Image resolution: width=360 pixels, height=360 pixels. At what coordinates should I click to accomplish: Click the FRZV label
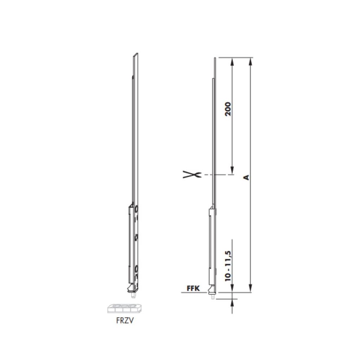(x=125, y=320)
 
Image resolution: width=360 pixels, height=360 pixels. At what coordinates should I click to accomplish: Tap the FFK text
(x=193, y=288)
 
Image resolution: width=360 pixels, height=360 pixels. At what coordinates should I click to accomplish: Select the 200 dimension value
(x=228, y=109)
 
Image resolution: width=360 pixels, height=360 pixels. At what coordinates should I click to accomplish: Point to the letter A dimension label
(x=246, y=177)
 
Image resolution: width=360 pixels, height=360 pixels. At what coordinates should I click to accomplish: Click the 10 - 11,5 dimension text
(x=228, y=266)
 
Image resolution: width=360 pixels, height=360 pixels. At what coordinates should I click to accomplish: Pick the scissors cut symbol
(x=192, y=175)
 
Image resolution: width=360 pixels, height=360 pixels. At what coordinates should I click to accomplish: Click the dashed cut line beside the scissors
(x=219, y=175)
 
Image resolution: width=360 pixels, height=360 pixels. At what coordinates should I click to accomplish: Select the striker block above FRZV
(x=125, y=309)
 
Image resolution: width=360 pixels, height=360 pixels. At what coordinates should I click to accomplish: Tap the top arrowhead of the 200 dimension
(x=232, y=62)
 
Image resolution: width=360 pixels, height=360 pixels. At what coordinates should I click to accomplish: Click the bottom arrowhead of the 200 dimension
(x=232, y=170)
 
